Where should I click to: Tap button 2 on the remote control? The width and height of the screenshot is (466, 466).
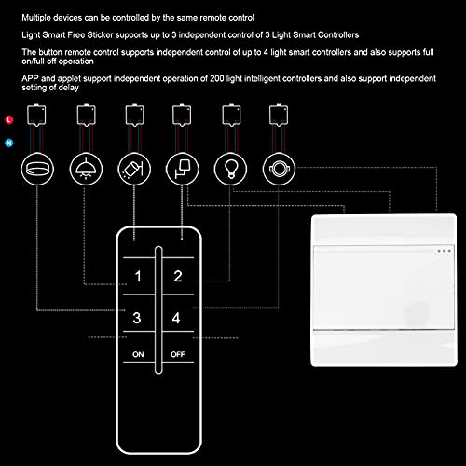point(177,277)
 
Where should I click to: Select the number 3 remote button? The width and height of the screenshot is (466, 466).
point(138,319)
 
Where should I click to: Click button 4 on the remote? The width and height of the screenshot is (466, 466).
point(177,319)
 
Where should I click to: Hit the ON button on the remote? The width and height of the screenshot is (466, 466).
point(138,355)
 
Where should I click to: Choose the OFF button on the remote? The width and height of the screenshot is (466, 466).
point(178,355)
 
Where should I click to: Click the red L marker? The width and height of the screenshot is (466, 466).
point(8,121)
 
